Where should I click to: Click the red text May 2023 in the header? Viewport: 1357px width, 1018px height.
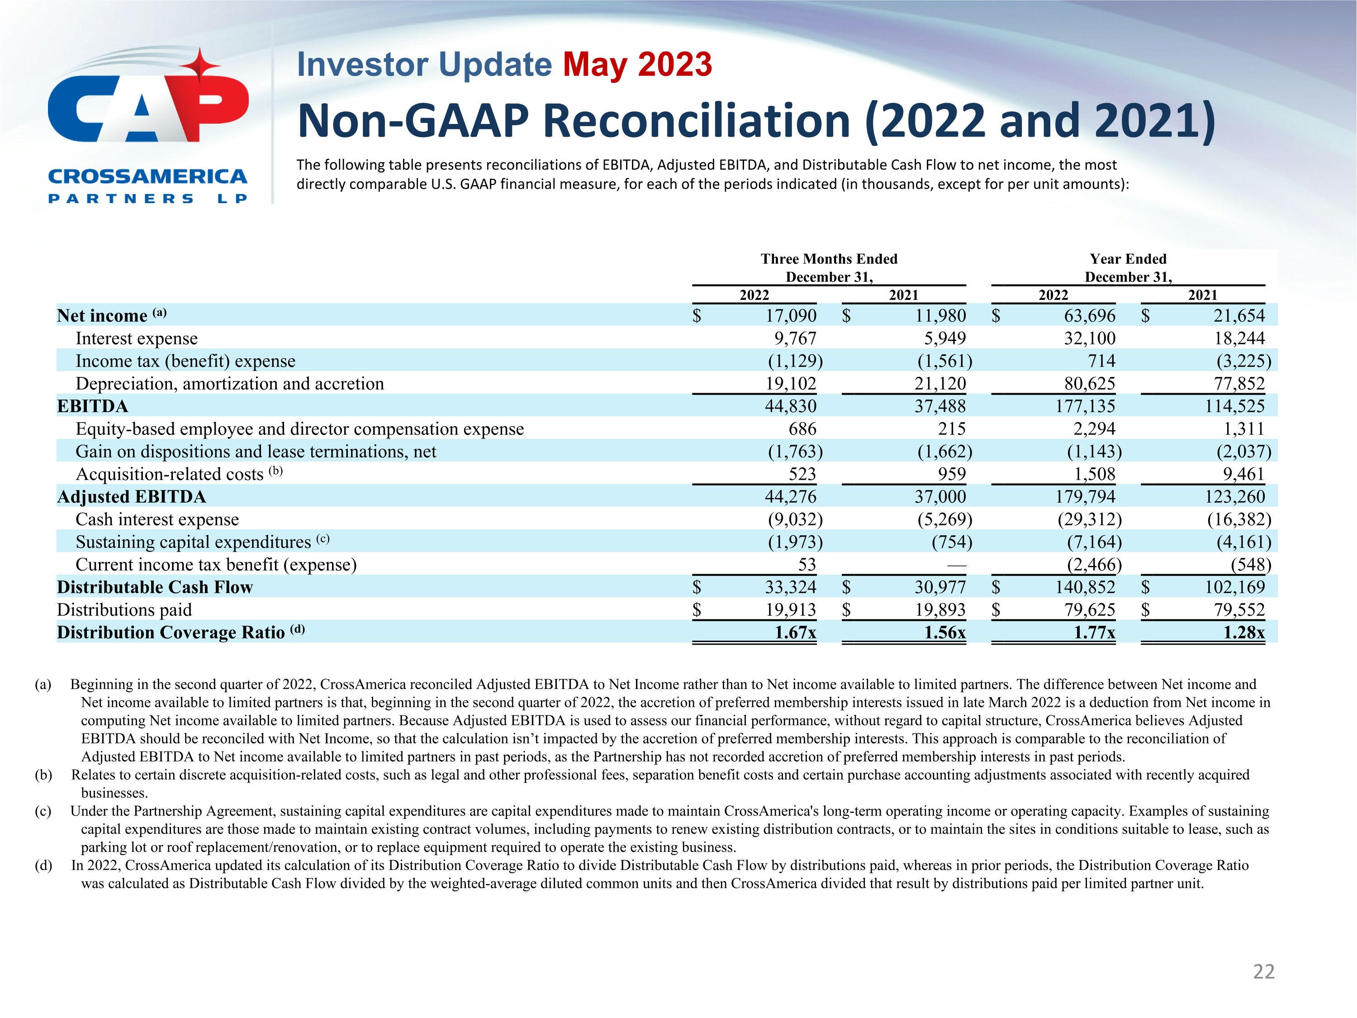(637, 64)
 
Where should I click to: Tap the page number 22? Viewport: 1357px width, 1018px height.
(1263, 971)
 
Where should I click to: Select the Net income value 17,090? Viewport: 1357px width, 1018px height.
(791, 315)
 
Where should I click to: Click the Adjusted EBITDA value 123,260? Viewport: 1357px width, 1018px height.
(1234, 496)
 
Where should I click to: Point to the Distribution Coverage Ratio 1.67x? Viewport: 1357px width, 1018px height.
(795, 632)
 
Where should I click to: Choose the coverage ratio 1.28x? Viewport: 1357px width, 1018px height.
(1243, 632)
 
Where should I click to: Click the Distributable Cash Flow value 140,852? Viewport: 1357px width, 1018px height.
(1085, 587)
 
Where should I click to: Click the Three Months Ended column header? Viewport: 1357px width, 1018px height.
(829, 259)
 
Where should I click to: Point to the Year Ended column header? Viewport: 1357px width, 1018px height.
(1128, 259)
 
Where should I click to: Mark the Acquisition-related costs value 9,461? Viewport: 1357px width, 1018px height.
(1243, 474)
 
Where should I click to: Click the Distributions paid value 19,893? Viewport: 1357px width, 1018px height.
(940, 610)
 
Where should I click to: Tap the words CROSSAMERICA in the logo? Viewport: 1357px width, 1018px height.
(147, 177)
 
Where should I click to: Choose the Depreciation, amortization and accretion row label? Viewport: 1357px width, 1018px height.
(229, 384)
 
